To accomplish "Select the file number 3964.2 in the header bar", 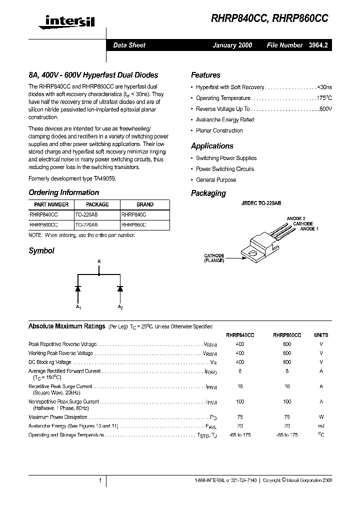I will point(318,45).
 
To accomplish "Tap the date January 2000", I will point(232,45).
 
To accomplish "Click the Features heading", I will point(205,75).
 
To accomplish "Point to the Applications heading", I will point(212,146).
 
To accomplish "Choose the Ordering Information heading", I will point(63,192).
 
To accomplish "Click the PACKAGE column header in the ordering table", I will point(97,204).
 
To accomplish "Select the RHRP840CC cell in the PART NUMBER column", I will point(44,214).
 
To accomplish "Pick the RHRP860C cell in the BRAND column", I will point(133,225).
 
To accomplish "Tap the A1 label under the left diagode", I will point(78,306).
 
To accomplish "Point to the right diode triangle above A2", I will point(120,288).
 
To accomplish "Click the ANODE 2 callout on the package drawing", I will point(296,218).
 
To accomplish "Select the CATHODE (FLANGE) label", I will point(214,258).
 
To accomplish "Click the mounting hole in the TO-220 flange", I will point(253,253).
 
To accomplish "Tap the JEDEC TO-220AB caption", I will point(261,204).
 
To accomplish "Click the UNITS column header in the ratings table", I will point(321,335).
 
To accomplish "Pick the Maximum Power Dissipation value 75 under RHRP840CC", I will point(240,417).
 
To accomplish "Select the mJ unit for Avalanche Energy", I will point(321,426).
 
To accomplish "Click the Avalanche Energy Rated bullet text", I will point(225,120).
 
